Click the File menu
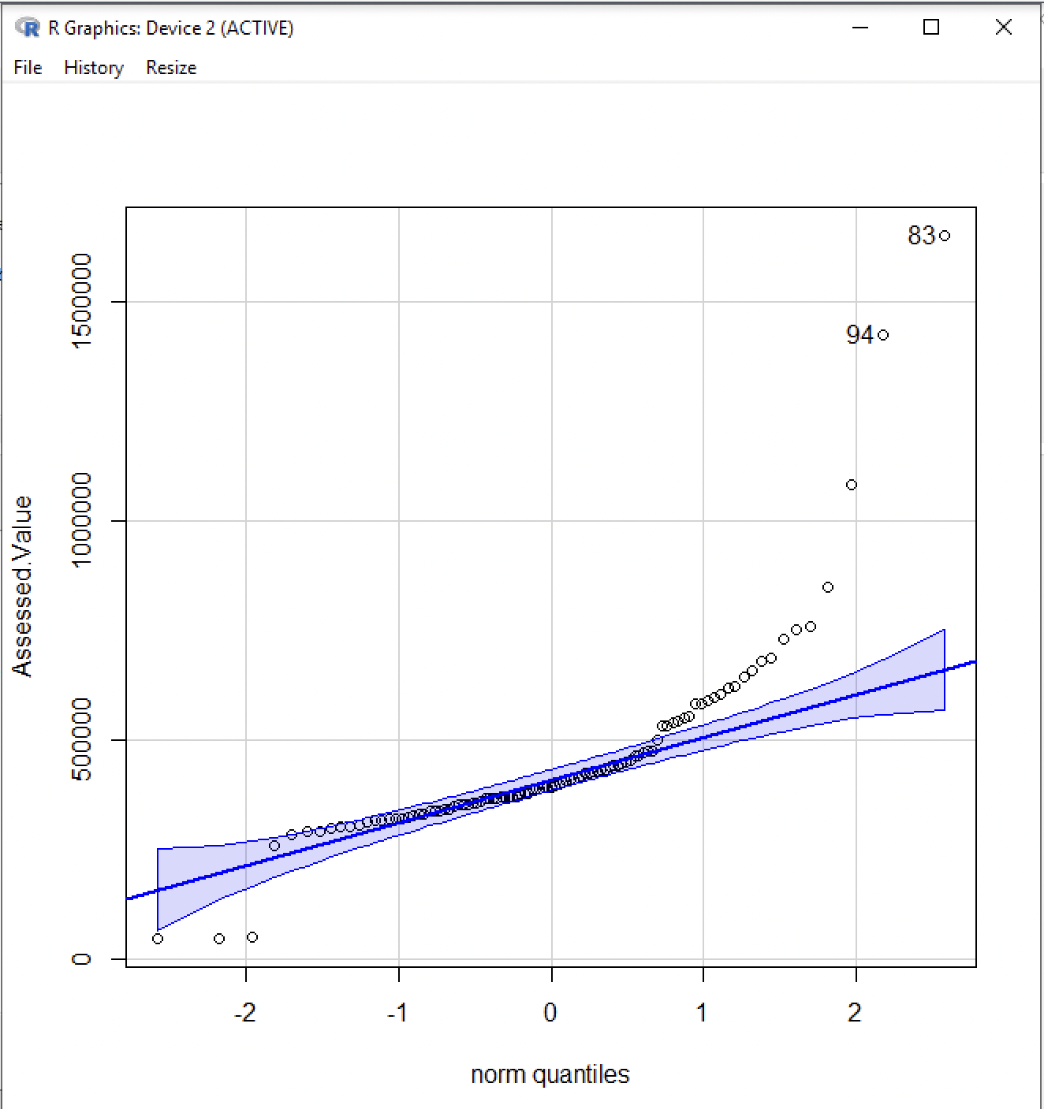point(28,68)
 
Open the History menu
point(94,68)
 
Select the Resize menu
point(171,68)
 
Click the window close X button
point(1003,28)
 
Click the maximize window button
point(931,28)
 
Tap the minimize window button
point(860,28)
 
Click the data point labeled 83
point(945,236)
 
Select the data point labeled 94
point(883,335)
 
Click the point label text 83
point(921,236)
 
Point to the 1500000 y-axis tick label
point(81,300)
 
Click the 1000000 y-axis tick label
point(81,519)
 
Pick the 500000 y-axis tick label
point(81,739)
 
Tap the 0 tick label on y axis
point(81,958)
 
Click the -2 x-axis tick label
point(245,1012)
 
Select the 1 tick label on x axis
point(702,1012)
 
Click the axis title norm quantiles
point(550,1074)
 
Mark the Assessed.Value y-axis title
point(23,586)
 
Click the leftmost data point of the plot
point(158,939)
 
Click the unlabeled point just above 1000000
point(852,485)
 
